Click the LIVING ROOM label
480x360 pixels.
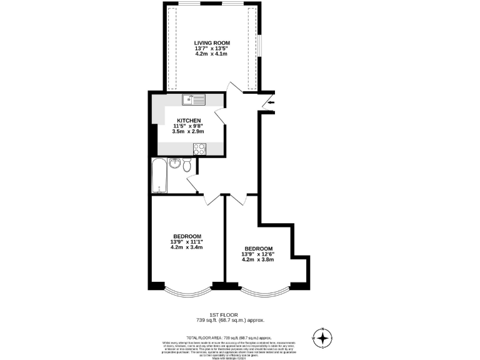click(212, 42)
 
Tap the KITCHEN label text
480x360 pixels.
click(189, 120)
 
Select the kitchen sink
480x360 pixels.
click(194, 99)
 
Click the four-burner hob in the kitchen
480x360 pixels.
click(199, 149)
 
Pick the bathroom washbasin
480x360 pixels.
click(174, 164)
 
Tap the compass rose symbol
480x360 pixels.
click(322, 338)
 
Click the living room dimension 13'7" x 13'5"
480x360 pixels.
click(212, 48)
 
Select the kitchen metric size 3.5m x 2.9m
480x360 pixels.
click(189, 132)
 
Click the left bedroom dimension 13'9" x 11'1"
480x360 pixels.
click(186, 242)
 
